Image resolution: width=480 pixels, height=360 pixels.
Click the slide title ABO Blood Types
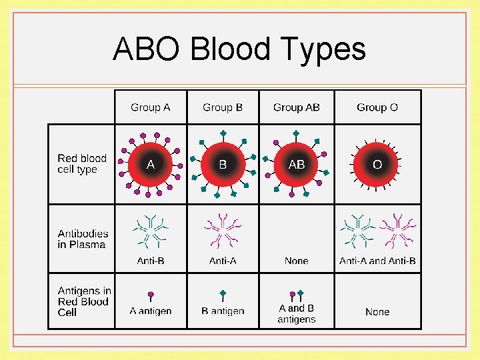tap(239, 49)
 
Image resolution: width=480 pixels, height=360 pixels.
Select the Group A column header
tap(151, 107)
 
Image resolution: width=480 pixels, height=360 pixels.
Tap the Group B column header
tap(223, 107)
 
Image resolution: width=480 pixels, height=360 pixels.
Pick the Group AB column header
tap(297, 107)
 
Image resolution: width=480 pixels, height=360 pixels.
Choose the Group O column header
tap(377, 107)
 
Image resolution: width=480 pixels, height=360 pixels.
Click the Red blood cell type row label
tap(81, 164)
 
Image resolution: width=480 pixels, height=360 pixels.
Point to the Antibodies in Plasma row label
tap(83, 239)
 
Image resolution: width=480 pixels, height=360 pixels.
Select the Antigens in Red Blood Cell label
tap(84, 301)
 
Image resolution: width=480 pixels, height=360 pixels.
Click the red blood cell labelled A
tap(151, 164)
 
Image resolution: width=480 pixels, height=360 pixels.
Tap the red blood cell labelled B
tap(223, 164)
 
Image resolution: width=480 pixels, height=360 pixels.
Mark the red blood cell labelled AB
tap(297, 164)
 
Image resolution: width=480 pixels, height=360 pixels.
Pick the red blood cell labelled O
tap(377, 164)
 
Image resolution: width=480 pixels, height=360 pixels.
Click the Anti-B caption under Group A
tap(151, 261)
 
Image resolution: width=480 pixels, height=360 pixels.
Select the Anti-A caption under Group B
tap(223, 261)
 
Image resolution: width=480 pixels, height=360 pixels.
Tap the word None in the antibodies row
tap(297, 261)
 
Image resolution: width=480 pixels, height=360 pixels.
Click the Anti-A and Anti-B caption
tap(377, 261)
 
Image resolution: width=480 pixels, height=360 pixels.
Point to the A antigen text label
tap(151, 311)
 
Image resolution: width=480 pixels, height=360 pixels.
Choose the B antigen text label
tap(223, 311)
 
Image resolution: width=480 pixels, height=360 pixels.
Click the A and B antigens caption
tap(297, 314)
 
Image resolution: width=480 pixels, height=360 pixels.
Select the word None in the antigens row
tap(377, 311)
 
